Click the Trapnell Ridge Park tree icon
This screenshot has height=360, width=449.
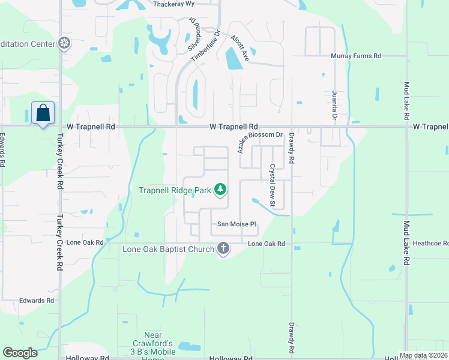[221, 190]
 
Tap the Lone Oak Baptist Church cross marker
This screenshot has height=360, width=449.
[223, 248]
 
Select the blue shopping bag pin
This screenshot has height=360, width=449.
[43, 113]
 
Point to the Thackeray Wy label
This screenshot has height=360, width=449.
[175, 4]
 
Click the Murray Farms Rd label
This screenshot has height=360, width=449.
[356, 56]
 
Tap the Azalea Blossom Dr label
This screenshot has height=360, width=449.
[260, 143]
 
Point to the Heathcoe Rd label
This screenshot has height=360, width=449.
[430, 244]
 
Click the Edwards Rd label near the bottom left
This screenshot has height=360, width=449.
[36, 301]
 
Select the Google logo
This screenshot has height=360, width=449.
[20, 353]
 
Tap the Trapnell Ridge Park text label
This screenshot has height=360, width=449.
[175, 190]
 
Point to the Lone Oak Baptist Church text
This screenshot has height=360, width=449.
[169, 249]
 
